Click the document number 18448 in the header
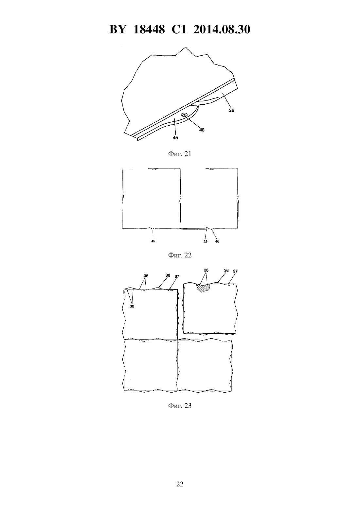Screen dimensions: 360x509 click(149, 29)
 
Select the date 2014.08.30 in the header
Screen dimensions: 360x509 click(222, 29)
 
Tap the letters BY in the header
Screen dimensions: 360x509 click(117, 29)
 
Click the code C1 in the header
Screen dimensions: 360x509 click(179, 29)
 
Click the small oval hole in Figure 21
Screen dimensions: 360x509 click(184, 115)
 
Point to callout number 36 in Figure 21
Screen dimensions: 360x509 click(231, 111)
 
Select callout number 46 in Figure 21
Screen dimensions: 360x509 click(202, 130)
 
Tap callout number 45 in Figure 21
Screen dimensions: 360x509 click(175, 137)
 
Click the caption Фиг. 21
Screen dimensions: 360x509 click(180, 154)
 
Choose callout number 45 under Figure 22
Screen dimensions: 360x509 click(153, 241)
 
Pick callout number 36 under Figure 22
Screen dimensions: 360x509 click(206, 241)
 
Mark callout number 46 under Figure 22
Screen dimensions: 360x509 click(217, 241)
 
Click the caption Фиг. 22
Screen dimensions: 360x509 click(180, 255)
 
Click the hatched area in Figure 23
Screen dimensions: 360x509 click(203, 288)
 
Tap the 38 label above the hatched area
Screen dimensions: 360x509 click(206, 271)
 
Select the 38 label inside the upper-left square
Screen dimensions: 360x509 click(132, 306)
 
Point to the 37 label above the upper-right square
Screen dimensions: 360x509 click(235, 271)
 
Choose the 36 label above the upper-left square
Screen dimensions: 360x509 click(168, 275)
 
